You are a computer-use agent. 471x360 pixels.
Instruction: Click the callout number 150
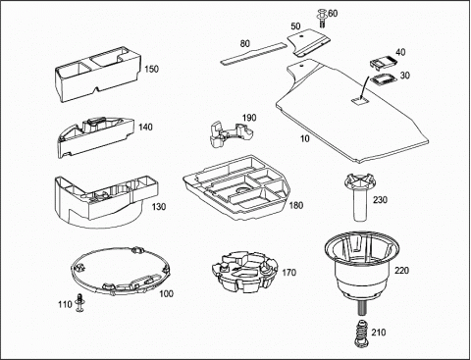151,70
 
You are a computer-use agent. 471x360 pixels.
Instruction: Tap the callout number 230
380,199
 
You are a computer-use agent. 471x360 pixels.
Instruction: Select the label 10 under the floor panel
304,138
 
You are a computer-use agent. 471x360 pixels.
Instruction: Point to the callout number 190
249,118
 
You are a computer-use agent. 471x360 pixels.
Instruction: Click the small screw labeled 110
79,302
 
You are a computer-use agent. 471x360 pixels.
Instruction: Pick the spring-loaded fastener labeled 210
361,333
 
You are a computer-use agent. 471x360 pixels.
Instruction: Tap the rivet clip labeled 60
322,19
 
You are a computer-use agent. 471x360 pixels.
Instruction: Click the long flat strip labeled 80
253,53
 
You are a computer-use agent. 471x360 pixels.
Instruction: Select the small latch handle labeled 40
383,62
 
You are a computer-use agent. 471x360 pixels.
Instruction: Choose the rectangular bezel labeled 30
383,79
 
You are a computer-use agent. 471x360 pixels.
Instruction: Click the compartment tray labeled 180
237,188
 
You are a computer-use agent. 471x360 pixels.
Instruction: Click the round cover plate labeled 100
121,271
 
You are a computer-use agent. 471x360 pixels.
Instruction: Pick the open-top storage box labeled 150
98,74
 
